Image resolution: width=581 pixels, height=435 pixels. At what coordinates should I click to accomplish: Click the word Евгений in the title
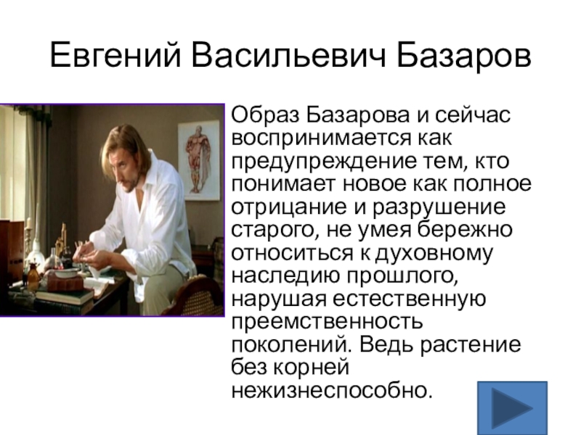click(x=115, y=56)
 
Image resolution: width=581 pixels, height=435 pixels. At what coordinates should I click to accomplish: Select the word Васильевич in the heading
click(x=288, y=56)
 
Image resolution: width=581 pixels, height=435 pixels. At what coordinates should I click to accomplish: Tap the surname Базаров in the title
click(x=464, y=56)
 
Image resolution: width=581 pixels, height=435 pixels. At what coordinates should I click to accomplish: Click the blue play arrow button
click(x=512, y=407)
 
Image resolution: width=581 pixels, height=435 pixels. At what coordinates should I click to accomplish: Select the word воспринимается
click(x=321, y=138)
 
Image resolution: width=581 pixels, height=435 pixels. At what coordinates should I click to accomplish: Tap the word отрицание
click(x=289, y=207)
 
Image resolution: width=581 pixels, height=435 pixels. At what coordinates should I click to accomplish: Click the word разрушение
click(x=439, y=207)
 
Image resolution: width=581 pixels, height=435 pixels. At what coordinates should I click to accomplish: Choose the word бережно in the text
click(x=465, y=229)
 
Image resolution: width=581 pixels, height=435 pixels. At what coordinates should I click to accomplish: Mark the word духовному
click(x=434, y=253)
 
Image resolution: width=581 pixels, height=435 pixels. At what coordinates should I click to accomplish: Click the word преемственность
click(x=327, y=322)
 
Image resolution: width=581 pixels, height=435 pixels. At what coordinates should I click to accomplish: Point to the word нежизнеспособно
click(x=332, y=391)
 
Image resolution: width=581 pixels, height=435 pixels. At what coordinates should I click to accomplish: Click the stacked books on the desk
click(x=64, y=298)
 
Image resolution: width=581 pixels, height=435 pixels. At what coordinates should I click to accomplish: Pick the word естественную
click(x=409, y=299)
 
